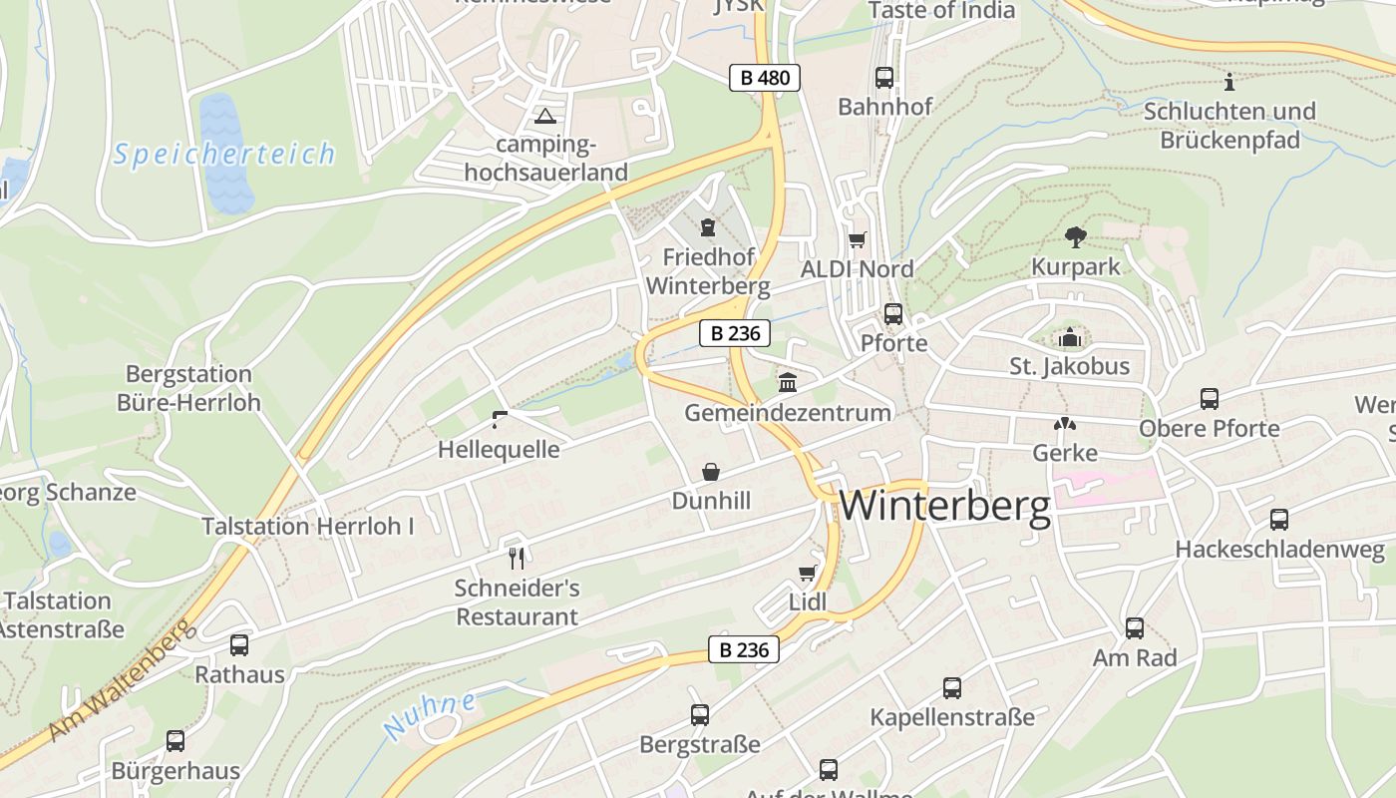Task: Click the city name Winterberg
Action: tap(944, 507)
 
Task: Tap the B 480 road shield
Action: tap(765, 78)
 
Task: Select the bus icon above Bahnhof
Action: tap(883, 78)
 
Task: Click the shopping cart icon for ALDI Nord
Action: tap(857, 239)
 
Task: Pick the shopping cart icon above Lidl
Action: tap(808, 573)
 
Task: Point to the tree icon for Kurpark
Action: tap(1075, 237)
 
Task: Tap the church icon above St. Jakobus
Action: tap(1070, 338)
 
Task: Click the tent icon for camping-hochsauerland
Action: tap(544, 116)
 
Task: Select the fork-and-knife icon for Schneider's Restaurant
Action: tap(516, 558)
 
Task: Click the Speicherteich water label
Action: tap(224, 155)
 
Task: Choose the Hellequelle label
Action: tap(499, 450)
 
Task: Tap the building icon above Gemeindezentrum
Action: tap(788, 382)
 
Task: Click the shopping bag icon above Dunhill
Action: tap(711, 471)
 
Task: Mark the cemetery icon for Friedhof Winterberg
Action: tap(708, 228)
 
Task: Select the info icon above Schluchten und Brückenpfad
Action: tap(1228, 82)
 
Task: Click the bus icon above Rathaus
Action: tap(239, 645)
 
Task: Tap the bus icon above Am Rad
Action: tap(1134, 628)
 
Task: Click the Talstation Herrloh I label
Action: tap(307, 526)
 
